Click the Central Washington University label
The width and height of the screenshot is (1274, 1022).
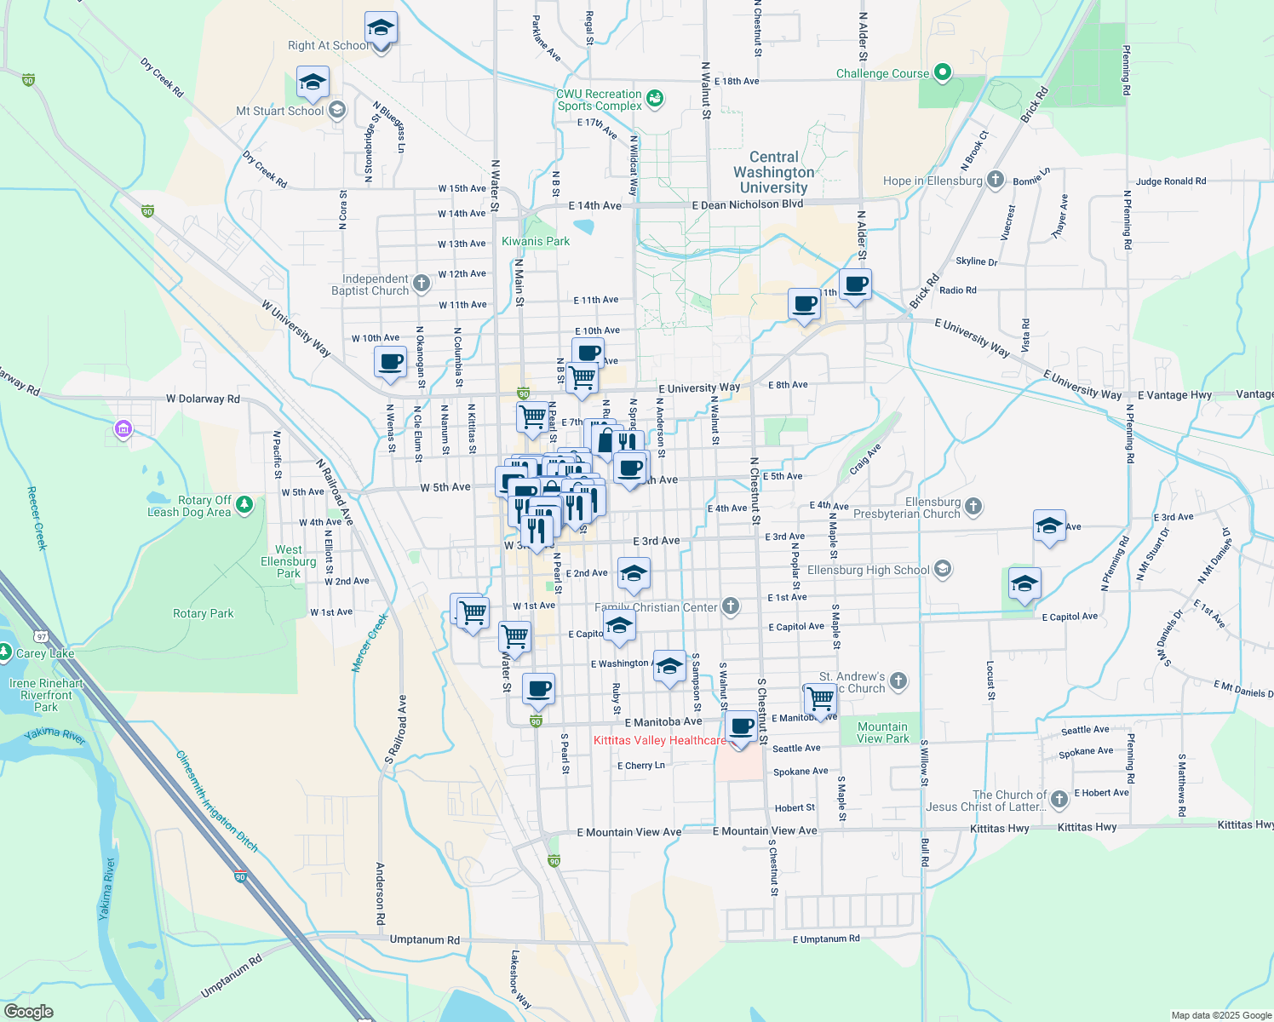773,172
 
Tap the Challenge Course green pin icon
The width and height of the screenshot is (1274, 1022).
942,73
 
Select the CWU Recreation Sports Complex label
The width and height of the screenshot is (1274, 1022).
600,100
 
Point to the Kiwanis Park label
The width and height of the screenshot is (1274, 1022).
536,241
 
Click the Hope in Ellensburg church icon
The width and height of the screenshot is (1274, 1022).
996,180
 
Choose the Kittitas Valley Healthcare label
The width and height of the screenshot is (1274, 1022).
660,740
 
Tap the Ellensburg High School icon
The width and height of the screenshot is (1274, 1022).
942,569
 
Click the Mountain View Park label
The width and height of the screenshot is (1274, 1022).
882,732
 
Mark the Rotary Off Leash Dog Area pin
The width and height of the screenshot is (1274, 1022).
244,505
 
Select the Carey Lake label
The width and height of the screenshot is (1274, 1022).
44,653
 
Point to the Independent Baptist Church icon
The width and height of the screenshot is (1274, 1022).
421,283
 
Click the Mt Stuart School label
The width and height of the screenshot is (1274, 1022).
279,111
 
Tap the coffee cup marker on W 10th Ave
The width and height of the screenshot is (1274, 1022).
390,362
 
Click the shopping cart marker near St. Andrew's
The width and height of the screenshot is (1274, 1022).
820,698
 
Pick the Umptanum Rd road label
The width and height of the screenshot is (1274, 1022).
424,939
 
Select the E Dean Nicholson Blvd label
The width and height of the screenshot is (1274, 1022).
748,204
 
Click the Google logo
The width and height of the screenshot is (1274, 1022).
28,1011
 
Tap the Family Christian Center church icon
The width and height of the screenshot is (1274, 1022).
730,606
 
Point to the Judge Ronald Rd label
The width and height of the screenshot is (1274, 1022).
1170,181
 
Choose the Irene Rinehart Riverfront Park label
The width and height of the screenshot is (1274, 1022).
47,695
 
